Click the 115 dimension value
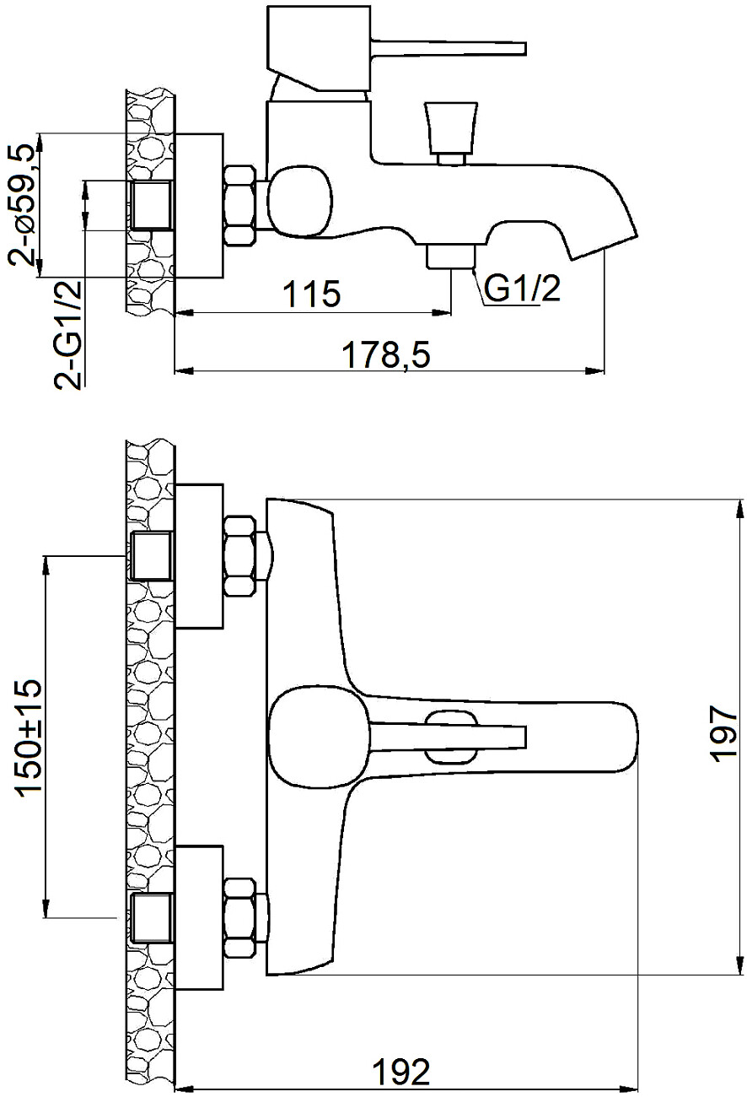click(312, 295)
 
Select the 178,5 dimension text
click(386, 355)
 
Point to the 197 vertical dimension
click(723, 733)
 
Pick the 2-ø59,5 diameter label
click(22, 204)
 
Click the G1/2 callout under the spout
click(522, 289)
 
